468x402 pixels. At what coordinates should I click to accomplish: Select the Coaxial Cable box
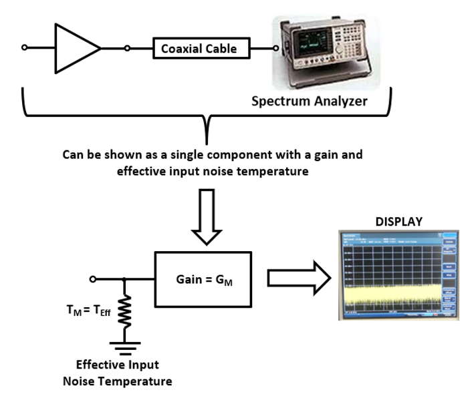[195, 49]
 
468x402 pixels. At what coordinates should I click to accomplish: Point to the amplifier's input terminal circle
[25, 48]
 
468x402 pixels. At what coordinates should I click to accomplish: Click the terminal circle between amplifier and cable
[127, 48]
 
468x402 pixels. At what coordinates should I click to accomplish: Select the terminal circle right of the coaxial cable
[275, 48]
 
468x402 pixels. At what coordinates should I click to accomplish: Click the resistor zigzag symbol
[123, 311]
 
